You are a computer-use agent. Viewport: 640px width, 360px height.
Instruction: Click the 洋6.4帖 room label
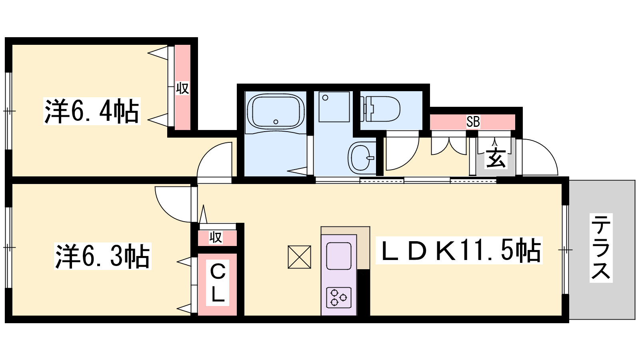coord(92,111)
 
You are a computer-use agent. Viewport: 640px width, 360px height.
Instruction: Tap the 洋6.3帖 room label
coord(102,256)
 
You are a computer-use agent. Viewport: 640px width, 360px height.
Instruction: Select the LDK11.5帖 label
coord(459,250)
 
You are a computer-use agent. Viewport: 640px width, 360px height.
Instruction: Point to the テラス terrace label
coord(601,248)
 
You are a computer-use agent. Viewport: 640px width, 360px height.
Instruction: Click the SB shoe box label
coord(473,122)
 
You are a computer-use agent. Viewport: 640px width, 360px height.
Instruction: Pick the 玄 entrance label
coord(496,158)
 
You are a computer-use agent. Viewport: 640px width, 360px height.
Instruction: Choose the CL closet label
coord(218,283)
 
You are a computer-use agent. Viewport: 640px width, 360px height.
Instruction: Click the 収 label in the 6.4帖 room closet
coord(182,88)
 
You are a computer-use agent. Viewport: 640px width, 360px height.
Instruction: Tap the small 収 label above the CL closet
coord(216,237)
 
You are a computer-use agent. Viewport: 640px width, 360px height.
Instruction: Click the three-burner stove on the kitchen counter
coord(339,298)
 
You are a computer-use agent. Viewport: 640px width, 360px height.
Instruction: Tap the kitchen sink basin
coord(339,256)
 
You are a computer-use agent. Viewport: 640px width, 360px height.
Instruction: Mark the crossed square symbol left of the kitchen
coord(300,257)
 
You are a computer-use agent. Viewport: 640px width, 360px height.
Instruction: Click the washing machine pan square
coord(334,106)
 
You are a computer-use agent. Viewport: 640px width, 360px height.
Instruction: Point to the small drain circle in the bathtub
coord(276,122)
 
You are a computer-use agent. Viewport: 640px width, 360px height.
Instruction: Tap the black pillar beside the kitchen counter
coord(364,292)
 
